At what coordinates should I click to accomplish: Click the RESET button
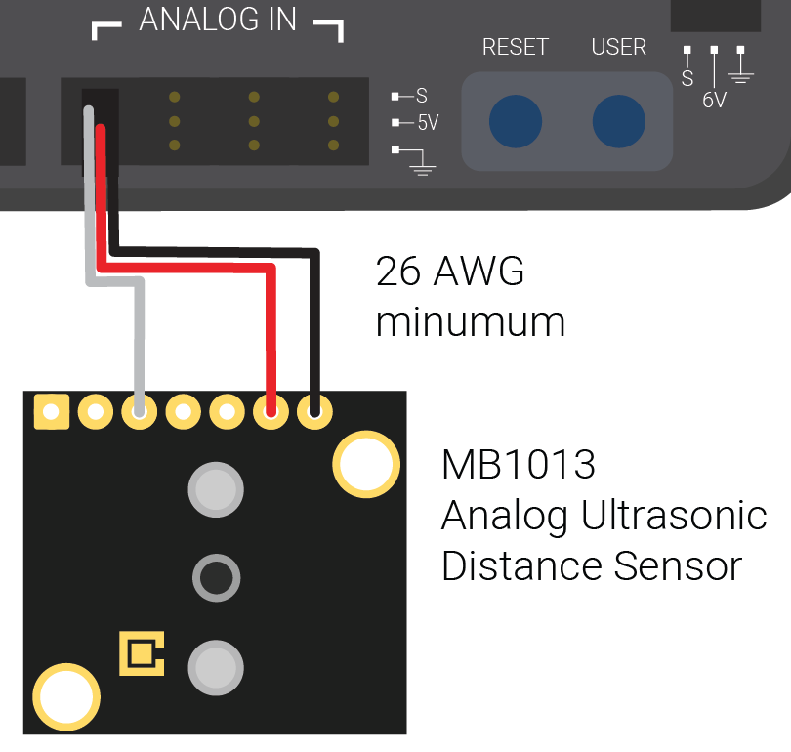point(515,122)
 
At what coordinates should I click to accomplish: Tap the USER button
point(618,122)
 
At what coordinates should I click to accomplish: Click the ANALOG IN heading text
point(218,21)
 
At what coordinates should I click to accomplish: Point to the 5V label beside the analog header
point(428,123)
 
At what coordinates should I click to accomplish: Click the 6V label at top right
point(715,100)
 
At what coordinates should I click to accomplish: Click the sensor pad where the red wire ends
point(271,412)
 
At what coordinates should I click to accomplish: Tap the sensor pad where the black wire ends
point(314,412)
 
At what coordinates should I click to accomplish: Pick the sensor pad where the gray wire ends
point(139,412)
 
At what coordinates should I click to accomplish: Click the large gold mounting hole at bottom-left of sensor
point(66,697)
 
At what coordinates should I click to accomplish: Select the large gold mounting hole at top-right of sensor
point(367,463)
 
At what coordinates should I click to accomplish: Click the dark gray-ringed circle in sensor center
point(216,578)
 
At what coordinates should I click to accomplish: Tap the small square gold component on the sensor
point(142,653)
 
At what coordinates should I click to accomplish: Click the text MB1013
point(518,465)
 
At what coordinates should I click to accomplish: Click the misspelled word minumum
point(471,322)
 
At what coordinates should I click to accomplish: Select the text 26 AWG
point(450,272)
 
